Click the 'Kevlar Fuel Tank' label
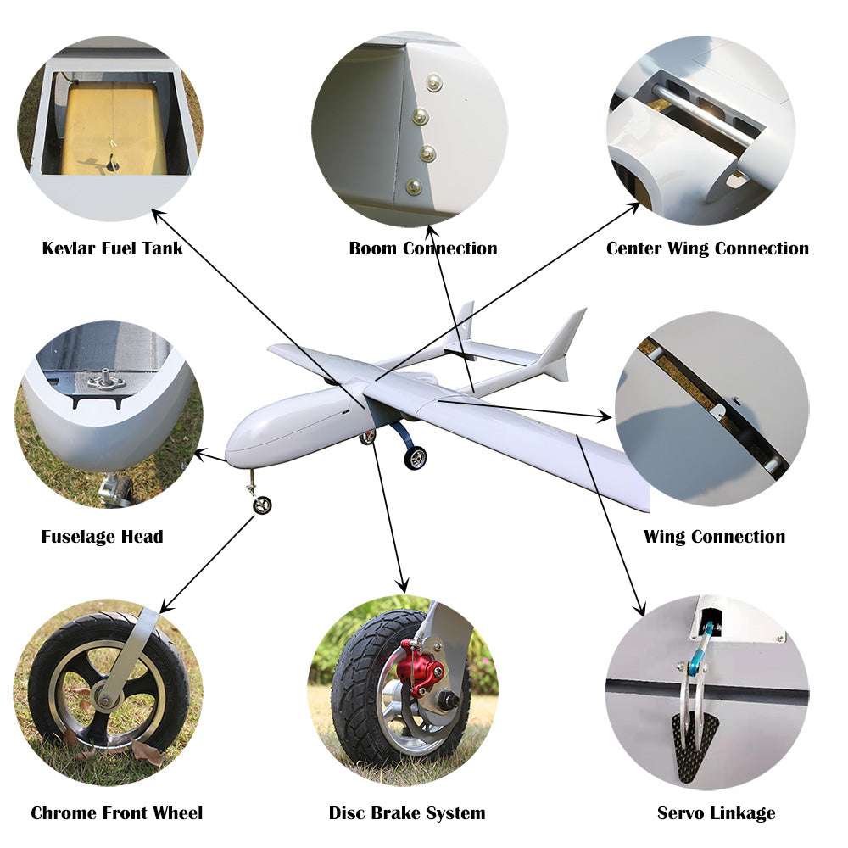coord(113,248)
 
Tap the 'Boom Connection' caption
coord(423,248)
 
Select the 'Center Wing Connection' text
coord(707,248)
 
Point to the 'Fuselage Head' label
coord(103,537)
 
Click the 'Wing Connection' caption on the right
coord(714,537)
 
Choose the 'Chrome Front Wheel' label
coord(117,813)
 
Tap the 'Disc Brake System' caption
coord(407,813)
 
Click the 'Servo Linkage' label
coord(716,813)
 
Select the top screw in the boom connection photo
coord(433,83)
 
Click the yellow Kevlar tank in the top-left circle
coord(113,130)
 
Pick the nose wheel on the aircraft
coord(262,505)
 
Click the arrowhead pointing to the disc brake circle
coord(402,585)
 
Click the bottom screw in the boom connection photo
coord(414,187)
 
